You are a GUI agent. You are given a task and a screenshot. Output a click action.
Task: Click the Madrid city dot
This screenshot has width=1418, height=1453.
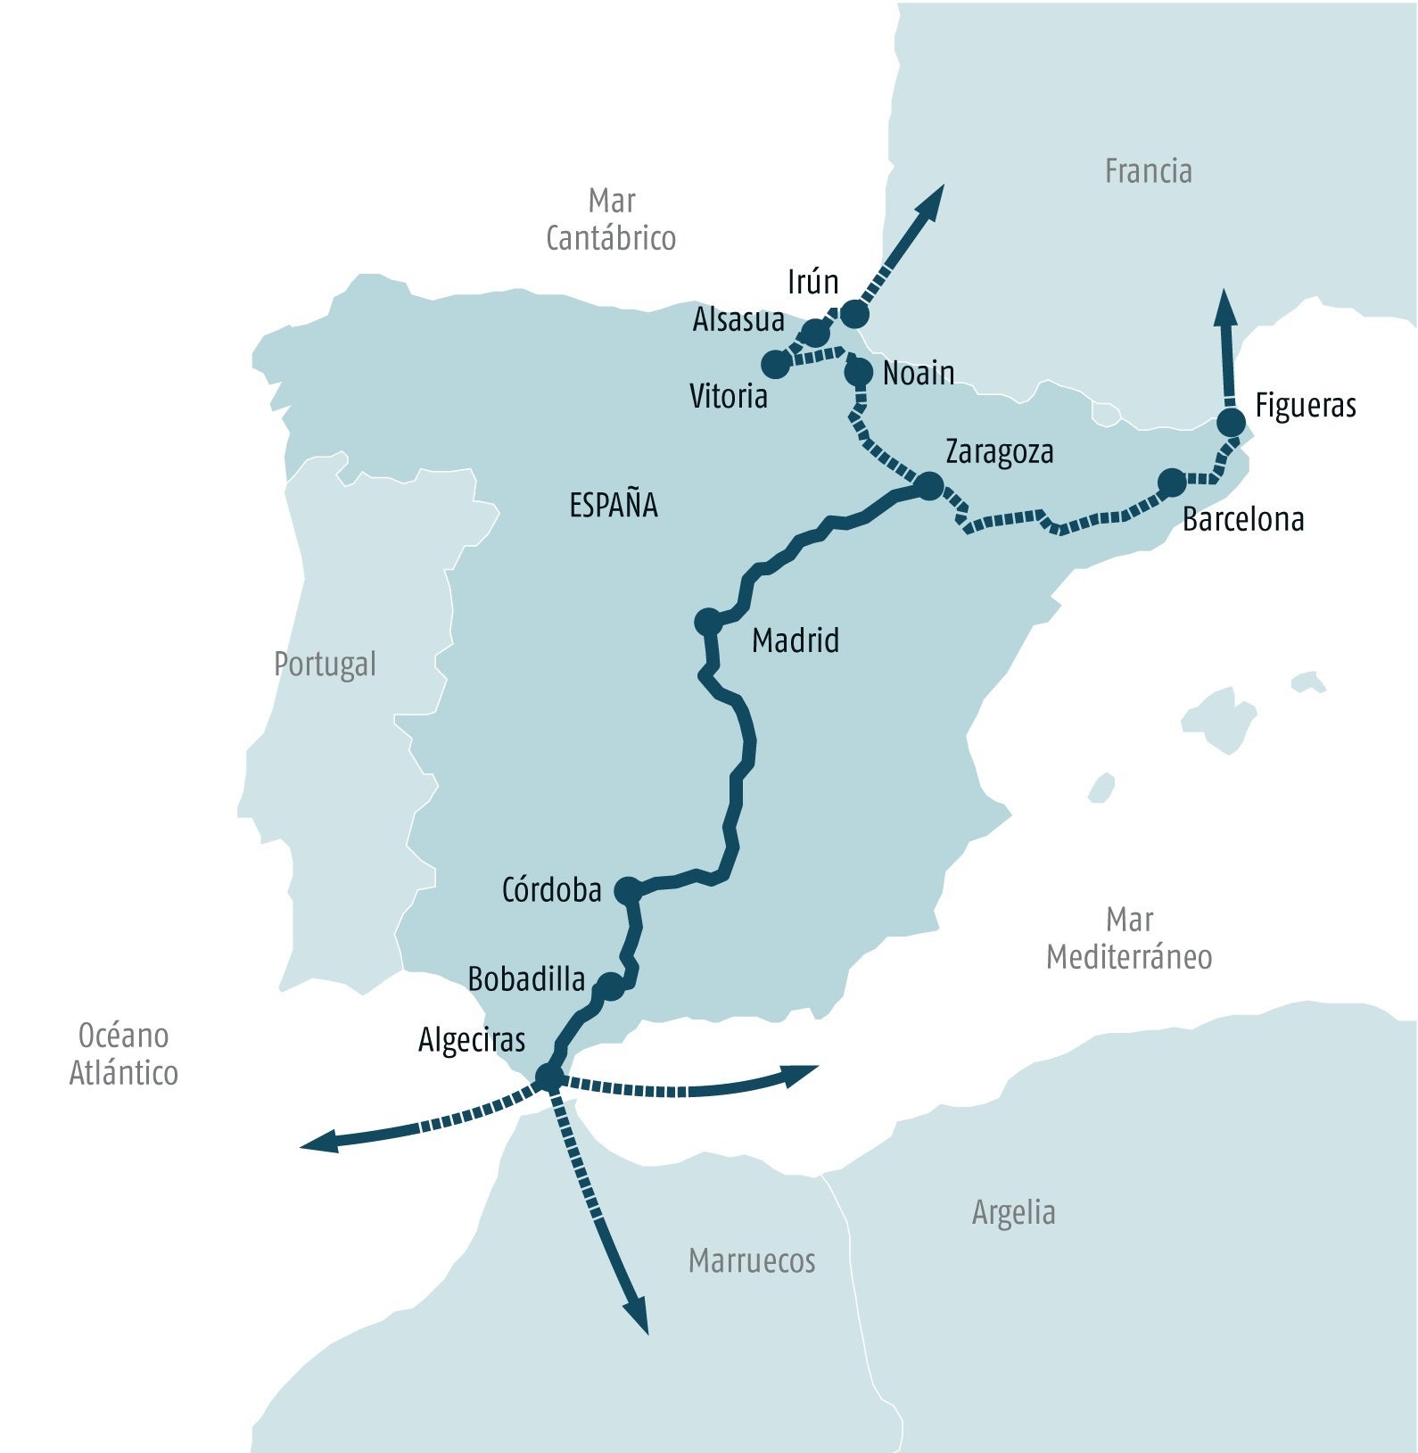click(707, 621)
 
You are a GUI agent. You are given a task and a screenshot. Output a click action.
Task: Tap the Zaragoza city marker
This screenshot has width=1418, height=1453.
click(929, 486)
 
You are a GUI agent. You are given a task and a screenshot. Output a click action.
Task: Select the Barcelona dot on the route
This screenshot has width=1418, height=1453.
click(1171, 483)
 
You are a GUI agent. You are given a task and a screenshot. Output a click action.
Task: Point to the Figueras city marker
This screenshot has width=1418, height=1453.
click(1231, 423)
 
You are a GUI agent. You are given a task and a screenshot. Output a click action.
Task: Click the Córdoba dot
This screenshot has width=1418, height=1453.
click(628, 889)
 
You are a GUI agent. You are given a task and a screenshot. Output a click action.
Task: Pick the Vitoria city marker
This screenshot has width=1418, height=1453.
click(776, 364)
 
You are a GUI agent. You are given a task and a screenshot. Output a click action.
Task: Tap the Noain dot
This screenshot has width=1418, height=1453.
click(859, 371)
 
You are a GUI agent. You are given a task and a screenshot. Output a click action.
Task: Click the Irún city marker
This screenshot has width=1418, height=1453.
click(854, 314)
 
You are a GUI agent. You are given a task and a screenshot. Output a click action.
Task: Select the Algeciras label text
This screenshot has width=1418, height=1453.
click(472, 1040)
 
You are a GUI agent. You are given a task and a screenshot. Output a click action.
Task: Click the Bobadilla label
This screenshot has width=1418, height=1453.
click(526, 979)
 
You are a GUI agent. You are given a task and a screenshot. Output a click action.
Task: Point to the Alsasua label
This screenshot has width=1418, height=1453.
click(738, 319)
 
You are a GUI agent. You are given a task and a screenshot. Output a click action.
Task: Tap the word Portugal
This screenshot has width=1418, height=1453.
click(325, 665)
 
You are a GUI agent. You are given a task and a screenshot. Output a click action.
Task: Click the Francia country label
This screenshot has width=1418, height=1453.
click(1148, 171)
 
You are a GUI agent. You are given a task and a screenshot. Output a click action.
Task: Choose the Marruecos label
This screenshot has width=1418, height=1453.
click(752, 1260)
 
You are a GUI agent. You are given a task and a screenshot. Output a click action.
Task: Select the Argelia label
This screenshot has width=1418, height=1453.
click(1013, 1212)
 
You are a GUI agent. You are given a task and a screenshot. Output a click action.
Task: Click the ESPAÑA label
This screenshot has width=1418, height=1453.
click(614, 506)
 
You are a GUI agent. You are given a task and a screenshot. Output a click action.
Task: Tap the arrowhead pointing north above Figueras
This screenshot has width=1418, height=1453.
click(1227, 308)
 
